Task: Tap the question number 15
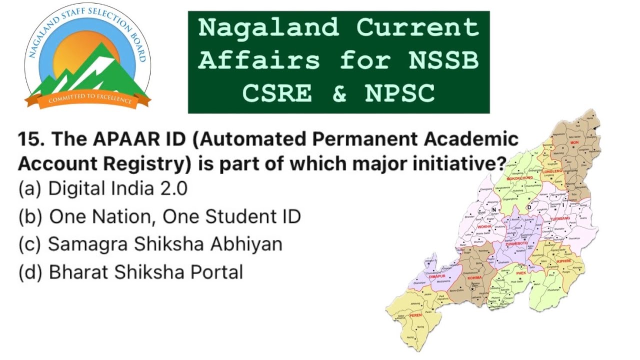click(x=31, y=139)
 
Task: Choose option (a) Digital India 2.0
click(x=102, y=188)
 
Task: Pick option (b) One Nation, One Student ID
click(x=159, y=216)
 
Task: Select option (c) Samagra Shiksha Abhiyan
click(x=150, y=244)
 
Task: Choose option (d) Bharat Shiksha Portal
click(x=130, y=272)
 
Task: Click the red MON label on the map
click(x=574, y=142)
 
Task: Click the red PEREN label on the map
click(x=415, y=315)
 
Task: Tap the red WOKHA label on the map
click(x=484, y=226)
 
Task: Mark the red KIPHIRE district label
click(x=563, y=260)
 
